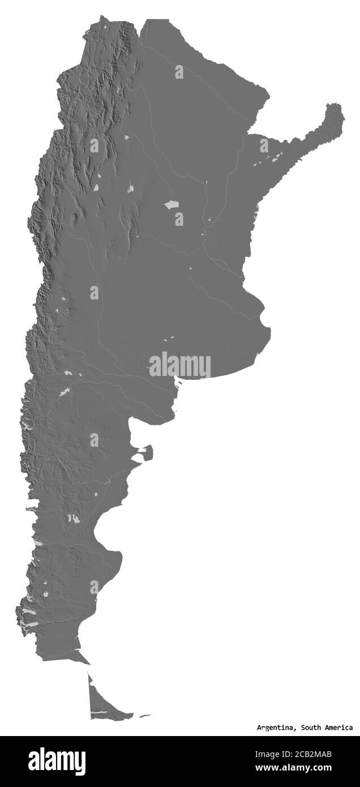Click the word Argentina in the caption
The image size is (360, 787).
point(276,728)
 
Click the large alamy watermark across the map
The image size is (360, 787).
point(179,365)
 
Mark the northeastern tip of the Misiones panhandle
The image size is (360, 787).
point(338,108)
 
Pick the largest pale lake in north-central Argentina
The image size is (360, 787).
point(172,206)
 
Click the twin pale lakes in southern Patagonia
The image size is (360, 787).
point(72,517)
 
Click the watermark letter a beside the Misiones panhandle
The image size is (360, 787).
point(264,145)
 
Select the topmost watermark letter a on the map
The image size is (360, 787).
point(179,72)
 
